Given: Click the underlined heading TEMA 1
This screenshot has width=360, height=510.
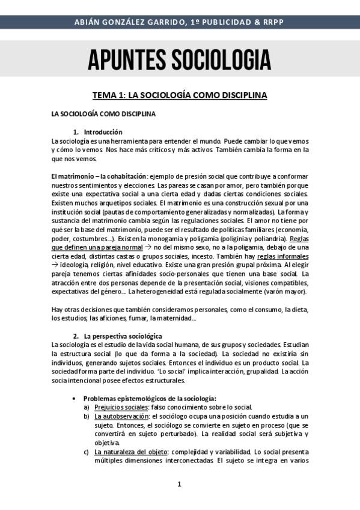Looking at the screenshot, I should tap(179, 95).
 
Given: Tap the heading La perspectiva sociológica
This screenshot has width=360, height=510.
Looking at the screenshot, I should tap(123, 336).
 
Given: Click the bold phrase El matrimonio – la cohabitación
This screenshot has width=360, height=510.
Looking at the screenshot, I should tap(99, 176).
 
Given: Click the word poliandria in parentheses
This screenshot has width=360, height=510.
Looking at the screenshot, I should tap(256, 239).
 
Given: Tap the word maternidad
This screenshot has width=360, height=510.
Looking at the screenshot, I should tap(177, 318).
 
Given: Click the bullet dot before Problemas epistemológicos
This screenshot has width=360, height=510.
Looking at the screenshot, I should tap(73, 398).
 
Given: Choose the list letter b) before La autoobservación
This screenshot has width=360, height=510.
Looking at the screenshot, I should tap(88, 416).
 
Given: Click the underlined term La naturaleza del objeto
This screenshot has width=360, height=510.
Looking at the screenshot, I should tap(129, 451).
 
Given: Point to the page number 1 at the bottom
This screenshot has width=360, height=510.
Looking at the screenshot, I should tap(179, 484).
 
